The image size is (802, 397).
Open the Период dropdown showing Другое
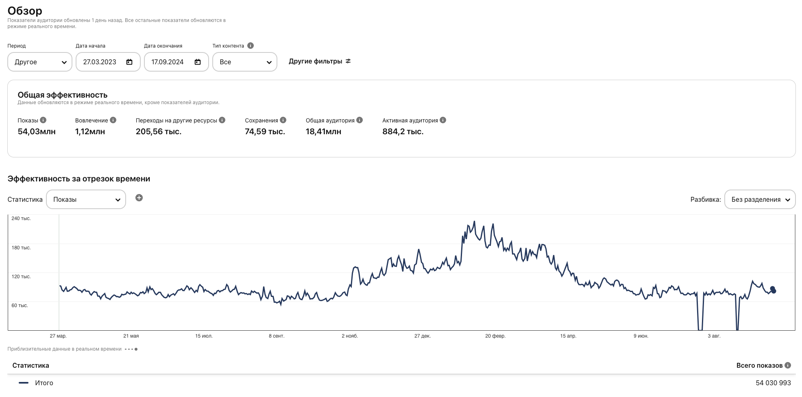tap(40, 62)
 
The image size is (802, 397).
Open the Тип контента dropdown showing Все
tap(244, 62)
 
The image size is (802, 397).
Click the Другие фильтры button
tap(320, 61)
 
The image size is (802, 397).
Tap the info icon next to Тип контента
tap(251, 46)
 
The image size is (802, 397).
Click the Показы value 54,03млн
tap(37, 131)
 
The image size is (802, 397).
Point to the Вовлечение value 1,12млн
tap(90, 131)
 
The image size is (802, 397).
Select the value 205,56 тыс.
tap(159, 131)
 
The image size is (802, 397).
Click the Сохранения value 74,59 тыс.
tap(265, 131)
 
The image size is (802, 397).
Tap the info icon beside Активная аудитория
tap(443, 120)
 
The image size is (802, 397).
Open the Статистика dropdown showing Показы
tap(86, 199)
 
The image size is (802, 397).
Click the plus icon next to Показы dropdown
tap(139, 198)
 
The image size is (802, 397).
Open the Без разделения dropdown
tap(760, 199)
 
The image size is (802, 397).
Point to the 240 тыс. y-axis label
tap(21, 218)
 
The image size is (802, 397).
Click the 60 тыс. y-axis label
tap(20, 305)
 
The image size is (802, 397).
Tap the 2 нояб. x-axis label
tap(350, 336)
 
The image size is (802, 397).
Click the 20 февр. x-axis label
tap(495, 336)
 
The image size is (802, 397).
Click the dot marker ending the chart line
tap(773, 290)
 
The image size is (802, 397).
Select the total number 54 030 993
tap(773, 383)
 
